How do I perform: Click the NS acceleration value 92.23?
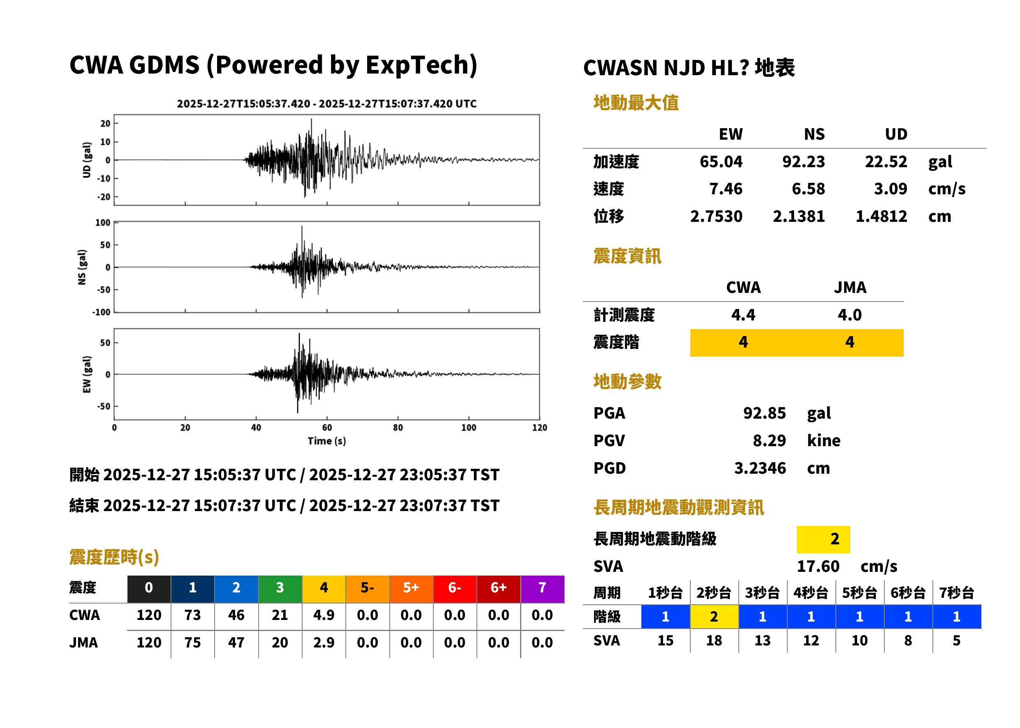tap(803, 162)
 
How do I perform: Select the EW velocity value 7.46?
tap(726, 189)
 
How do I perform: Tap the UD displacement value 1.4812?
tap(881, 217)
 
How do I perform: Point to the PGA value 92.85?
tap(764, 413)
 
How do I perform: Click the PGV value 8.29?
tap(769, 441)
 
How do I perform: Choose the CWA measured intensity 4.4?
tap(743, 315)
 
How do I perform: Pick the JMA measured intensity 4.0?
tap(849, 315)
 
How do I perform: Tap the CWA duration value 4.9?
tap(324, 615)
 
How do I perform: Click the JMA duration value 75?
tap(192, 643)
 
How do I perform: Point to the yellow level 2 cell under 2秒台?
tap(714, 617)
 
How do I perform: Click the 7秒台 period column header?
tap(957, 592)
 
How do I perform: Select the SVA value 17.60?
tap(818, 567)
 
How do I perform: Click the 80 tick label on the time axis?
tap(398, 428)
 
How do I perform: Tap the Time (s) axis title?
tap(326, 441)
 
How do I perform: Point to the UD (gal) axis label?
tap(87, 160)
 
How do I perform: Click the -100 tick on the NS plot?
tap(102, 312)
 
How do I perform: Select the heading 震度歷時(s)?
tap(114, 557)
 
